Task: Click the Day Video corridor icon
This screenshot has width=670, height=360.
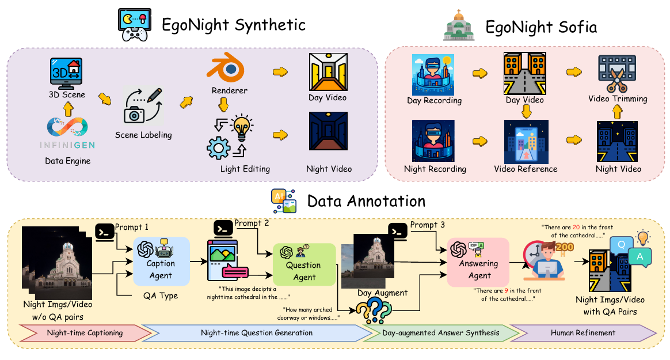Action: click(x=328, y=71)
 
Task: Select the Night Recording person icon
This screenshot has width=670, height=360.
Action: click(x=434, y=140)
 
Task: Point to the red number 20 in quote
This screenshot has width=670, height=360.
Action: click(x=578, y=228)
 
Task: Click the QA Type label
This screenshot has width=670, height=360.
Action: click(x=160, y=295)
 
